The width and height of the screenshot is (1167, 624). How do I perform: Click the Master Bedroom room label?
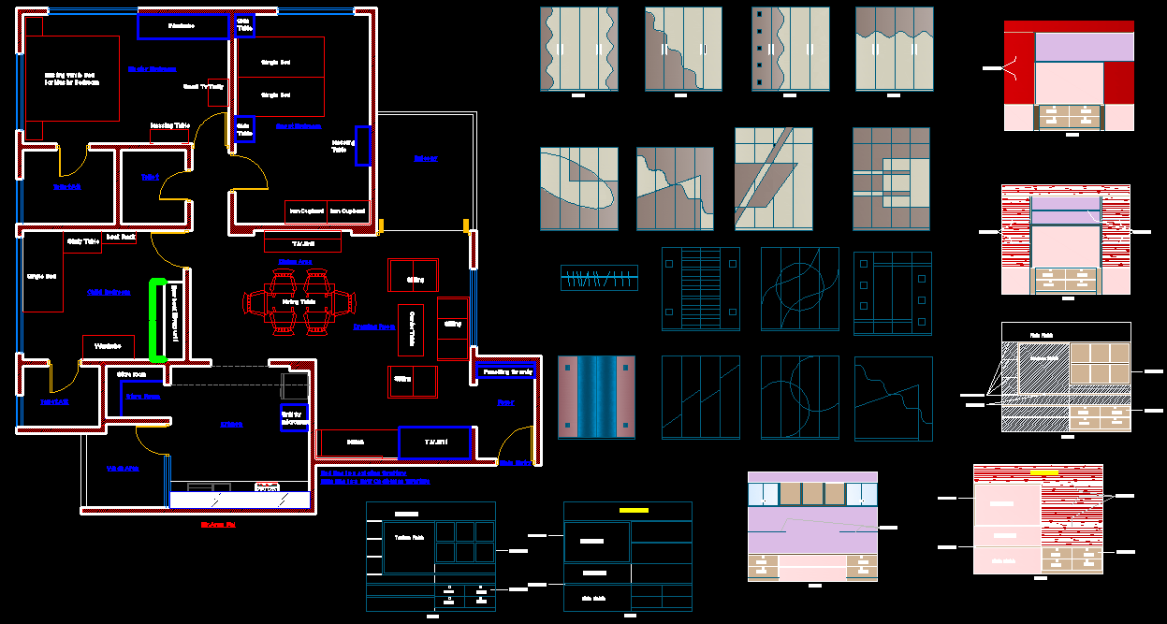click(152, 69)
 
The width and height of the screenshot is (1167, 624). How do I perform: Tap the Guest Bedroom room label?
click(299, 126)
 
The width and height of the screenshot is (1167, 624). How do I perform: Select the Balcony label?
click(425, 159)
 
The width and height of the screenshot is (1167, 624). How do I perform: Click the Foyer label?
click(505, 403)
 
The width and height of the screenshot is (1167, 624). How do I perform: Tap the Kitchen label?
click(231, 425)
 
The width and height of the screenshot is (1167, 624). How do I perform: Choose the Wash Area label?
click(122, 468)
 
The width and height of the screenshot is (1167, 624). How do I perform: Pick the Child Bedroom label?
click(109, 293)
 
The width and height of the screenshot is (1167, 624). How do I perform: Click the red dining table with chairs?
click(299, 302)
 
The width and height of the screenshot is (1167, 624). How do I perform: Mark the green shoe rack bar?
click(157, 320)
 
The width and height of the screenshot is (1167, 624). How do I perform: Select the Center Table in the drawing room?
click(412, 330)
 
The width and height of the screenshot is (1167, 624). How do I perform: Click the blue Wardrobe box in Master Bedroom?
click(182, 26)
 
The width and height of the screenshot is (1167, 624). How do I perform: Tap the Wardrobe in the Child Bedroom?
click(109, 347)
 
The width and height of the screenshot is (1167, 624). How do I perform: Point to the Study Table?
click(82, 242)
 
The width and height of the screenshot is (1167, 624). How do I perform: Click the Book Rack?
click(121, 238)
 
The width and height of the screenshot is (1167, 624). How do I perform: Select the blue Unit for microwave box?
click(295, 417)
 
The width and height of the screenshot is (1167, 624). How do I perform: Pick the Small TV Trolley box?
click(216, 92)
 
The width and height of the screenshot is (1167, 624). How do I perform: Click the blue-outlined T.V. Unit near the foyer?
click(434, 443)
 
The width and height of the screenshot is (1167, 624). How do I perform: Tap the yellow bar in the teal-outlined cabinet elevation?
click(634, 511)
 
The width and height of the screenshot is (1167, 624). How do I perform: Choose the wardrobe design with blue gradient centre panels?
click(596, 397)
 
